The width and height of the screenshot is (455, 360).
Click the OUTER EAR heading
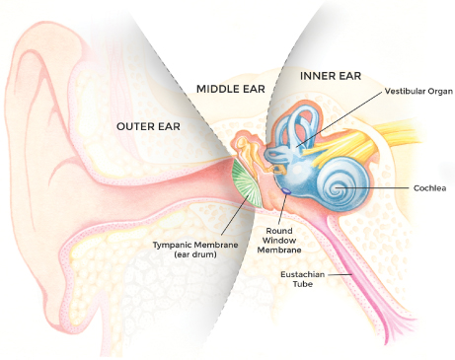pos(148,126)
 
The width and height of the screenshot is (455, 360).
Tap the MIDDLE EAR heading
pos(231,89)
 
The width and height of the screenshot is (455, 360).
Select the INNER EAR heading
pos(331,76)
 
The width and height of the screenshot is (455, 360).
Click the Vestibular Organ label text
pos(418,91)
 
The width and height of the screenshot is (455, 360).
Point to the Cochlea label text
pos(429,188)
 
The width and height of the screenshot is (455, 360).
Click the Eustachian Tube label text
pos(303,279)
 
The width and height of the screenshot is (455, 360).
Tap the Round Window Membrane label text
pos(279,241)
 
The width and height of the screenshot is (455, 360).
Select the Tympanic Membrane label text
pos(195,245)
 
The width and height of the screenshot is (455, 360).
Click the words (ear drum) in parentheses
pos(195,254)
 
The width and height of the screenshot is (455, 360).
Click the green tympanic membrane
pos(247,182)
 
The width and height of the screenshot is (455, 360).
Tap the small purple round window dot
pos(286,190)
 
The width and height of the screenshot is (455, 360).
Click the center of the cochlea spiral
pos(338,188)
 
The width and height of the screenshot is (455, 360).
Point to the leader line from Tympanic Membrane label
pos(235,215)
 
